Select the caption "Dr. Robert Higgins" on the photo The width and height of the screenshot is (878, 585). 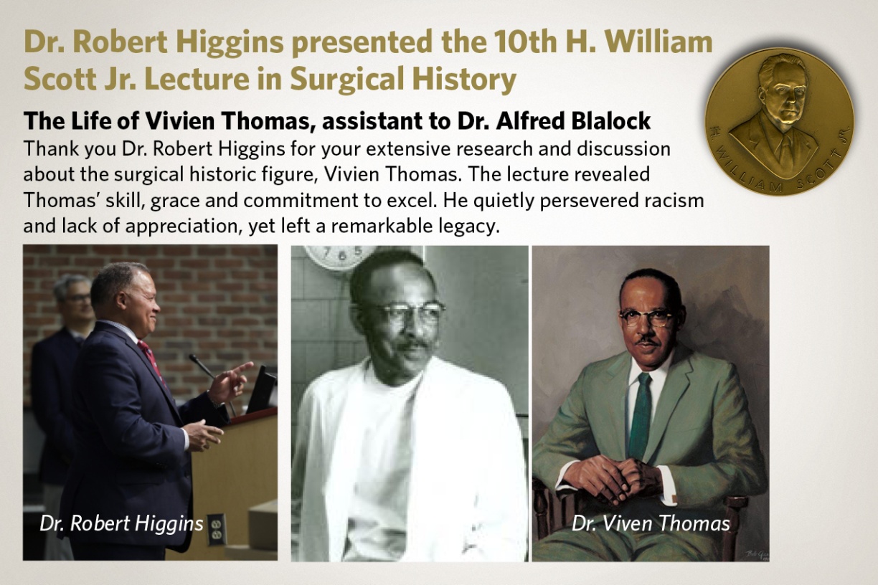point(122,523)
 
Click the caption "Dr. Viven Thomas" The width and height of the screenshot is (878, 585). point(651,523)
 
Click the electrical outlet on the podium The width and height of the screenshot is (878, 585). point(216,529)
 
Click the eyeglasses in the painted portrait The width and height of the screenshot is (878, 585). point(647,316)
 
